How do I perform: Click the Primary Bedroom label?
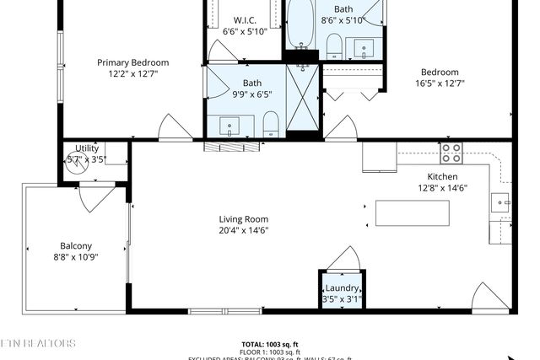tap(132, 62)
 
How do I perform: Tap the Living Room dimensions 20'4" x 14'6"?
tap(244, 230)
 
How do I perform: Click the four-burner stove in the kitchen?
tap(451, 153)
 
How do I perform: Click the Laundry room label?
tap(341, 288)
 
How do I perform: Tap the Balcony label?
tap(75, 246)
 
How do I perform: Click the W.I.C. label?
tap(245, 20)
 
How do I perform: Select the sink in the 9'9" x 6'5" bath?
tap(229, 127)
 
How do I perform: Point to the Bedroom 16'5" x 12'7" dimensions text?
tap(440, 83)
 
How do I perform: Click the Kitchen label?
tap(442, 176)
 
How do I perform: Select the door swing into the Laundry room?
tap(344, 259)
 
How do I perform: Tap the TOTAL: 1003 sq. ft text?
tap(271, 344)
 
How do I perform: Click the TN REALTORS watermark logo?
tap(38, 344)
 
